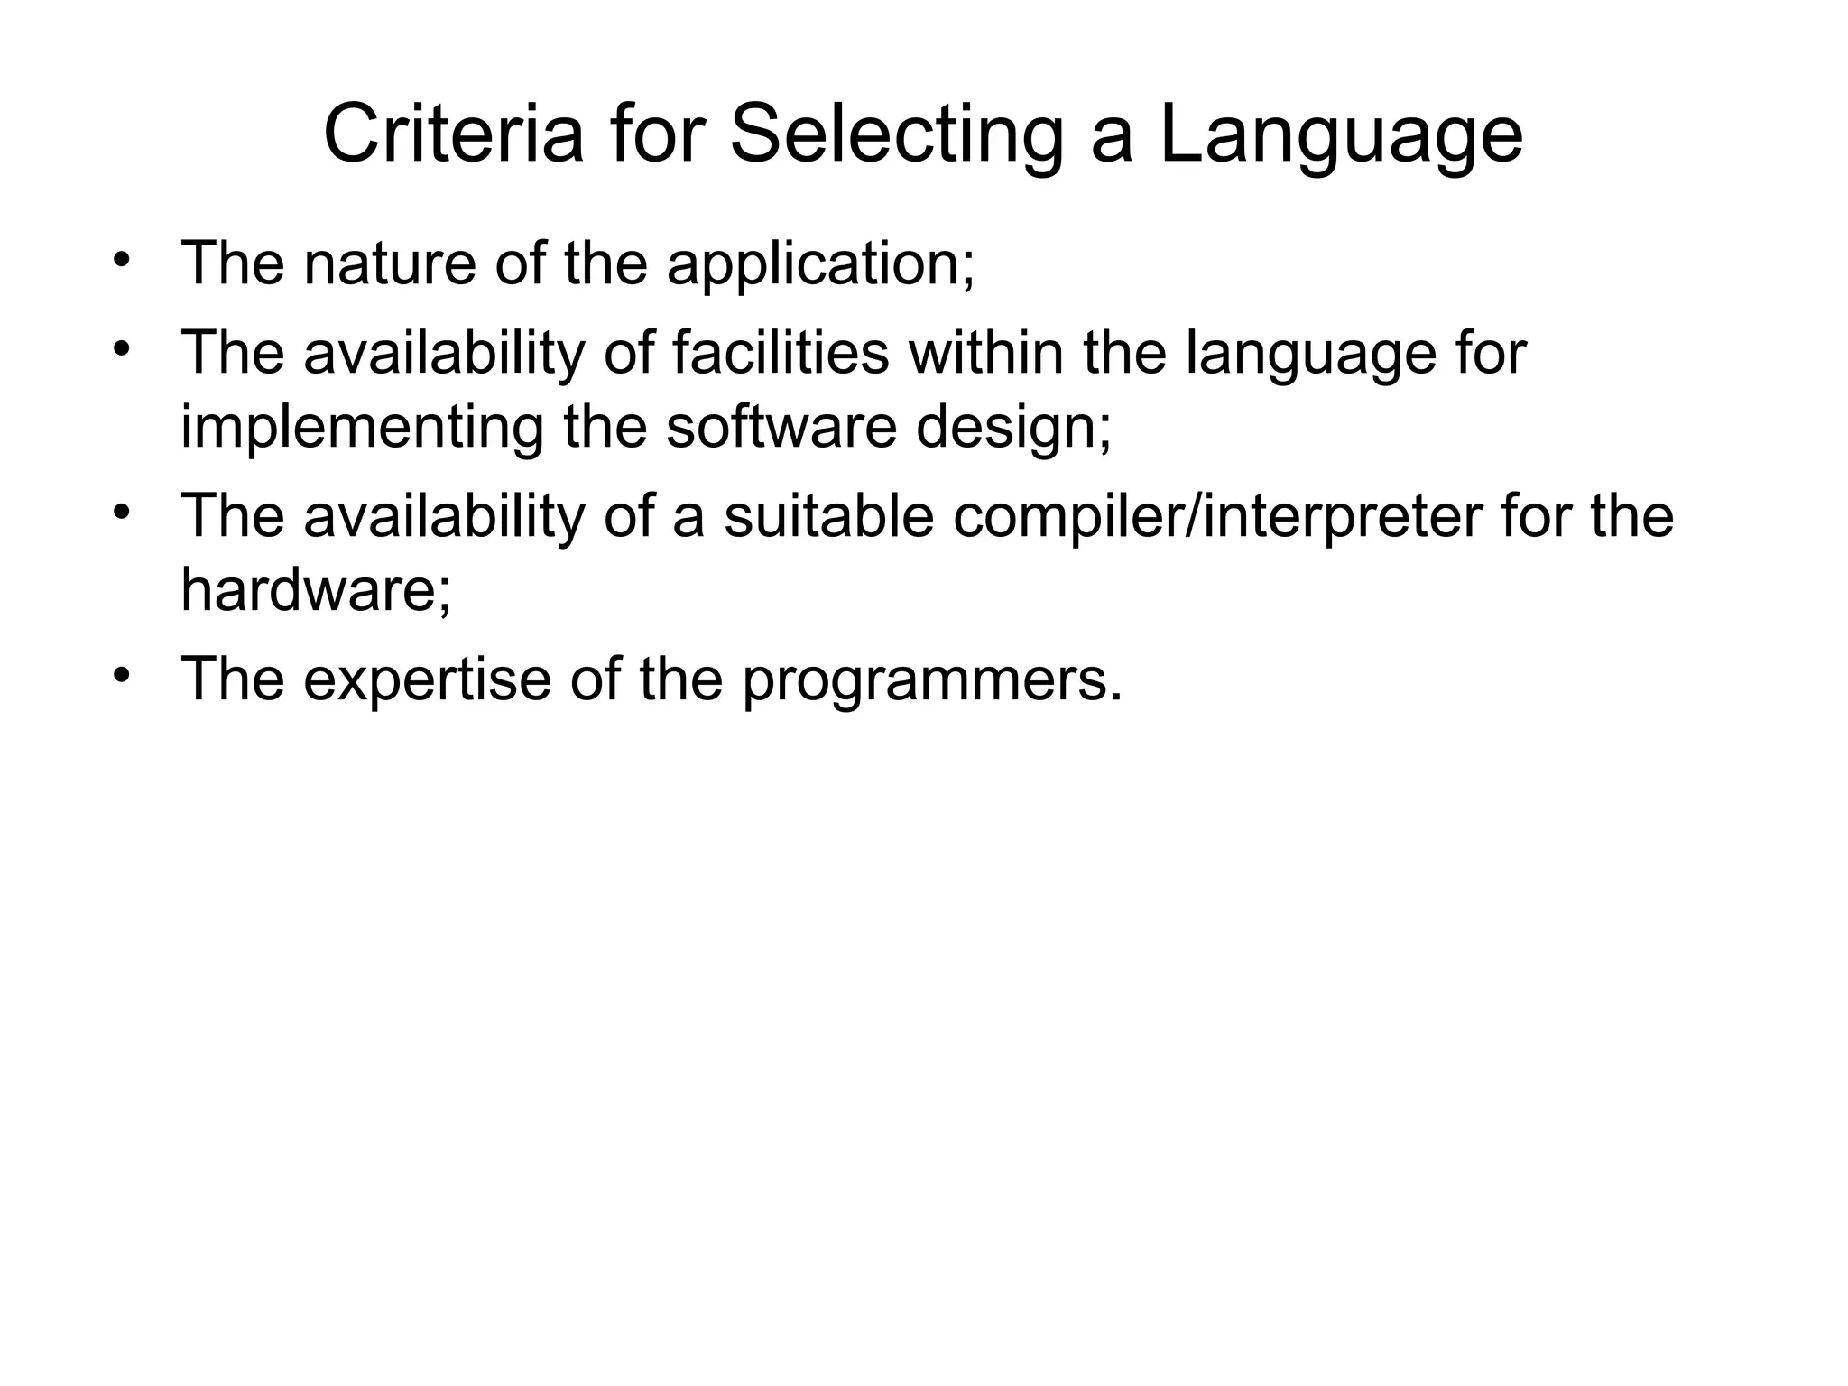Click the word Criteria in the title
(x=453, y=135)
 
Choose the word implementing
(x=362, y=428)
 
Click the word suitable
(x=828, y=516)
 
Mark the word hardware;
(x=316, y=589)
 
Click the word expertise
(x=427, y=679)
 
